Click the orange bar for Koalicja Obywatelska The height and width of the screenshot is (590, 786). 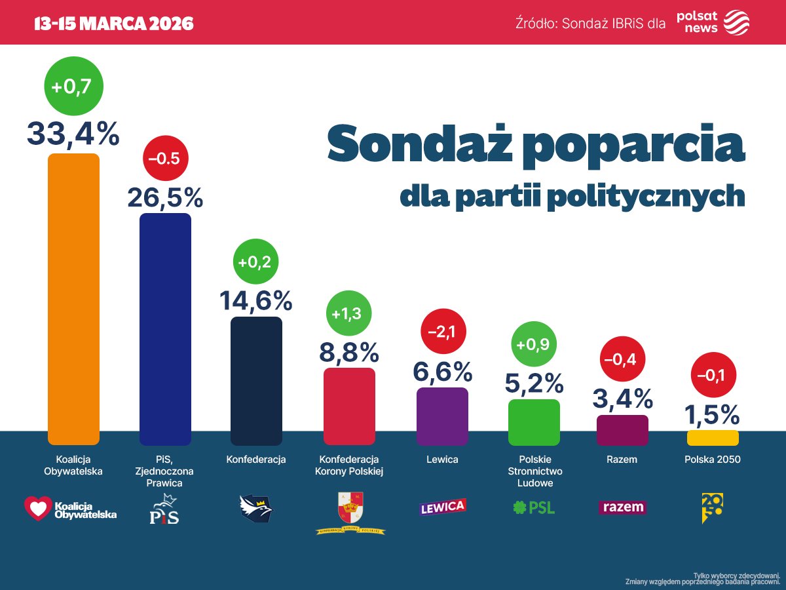[73, 299]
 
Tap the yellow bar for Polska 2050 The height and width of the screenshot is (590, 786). [713, 438]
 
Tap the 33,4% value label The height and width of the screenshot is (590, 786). [73, 134]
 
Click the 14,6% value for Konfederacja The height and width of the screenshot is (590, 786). [255, 300]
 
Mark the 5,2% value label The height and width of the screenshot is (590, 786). [534, 383]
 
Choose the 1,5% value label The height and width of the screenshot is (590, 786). [712, 414]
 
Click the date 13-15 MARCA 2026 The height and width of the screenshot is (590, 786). [114, 24]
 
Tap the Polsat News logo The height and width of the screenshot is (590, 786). [713, 22]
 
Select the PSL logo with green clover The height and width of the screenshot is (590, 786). [533, 507]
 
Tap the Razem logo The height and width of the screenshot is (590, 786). [622, 507]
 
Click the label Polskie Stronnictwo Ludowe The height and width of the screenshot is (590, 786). [533, 471]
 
